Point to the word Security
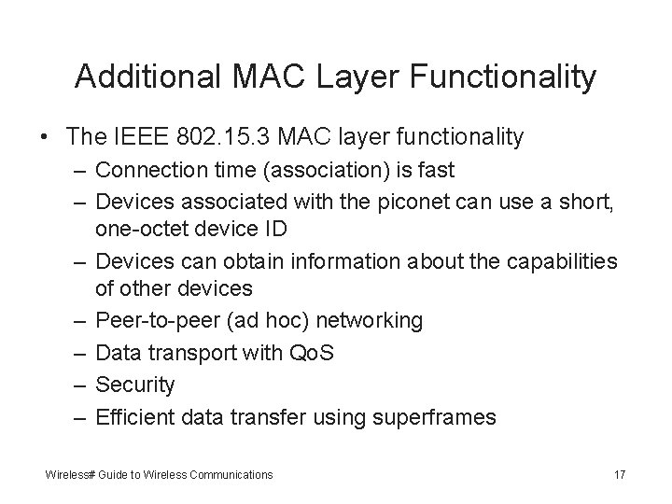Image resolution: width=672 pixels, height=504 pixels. pos(135,384)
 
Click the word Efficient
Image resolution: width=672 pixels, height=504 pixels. pos(135,415)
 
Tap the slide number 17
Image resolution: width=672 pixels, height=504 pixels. pos(620,475)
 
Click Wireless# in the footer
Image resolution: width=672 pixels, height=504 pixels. pos(71,475)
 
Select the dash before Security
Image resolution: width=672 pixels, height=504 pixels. pos(77,384)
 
